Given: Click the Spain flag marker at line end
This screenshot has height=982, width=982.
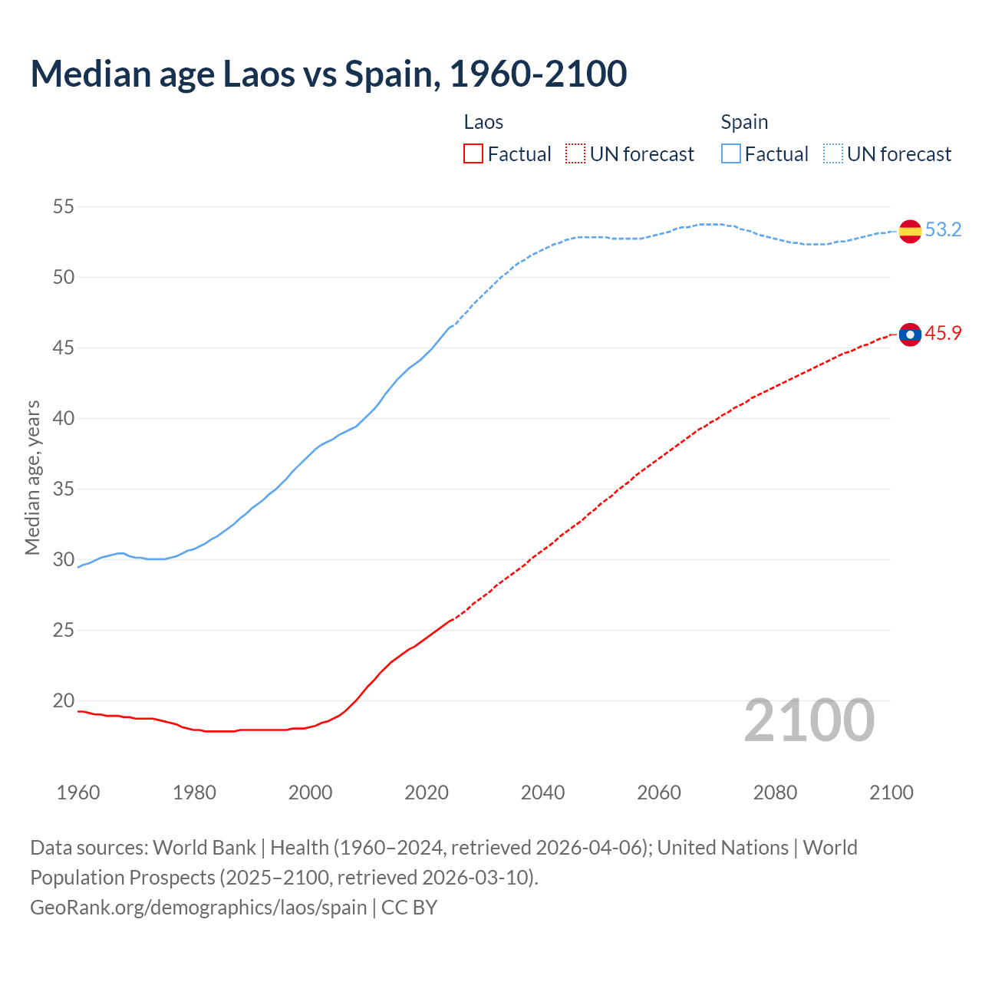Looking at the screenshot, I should coord(910,231).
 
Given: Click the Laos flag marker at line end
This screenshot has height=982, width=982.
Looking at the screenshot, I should coord(910,334).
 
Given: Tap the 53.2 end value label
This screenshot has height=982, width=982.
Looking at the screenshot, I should coord(943,230).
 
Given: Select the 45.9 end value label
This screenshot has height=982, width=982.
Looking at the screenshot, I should coord(943,333).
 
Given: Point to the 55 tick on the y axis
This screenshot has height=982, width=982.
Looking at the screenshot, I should coord(64,206).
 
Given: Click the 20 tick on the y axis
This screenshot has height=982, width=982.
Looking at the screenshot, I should coord(64,700).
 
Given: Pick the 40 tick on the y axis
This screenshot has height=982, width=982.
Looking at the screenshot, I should coord(64,418).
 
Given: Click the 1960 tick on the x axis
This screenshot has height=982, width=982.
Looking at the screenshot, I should coord(78,793).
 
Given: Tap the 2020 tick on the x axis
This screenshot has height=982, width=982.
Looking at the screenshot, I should coord(427,793).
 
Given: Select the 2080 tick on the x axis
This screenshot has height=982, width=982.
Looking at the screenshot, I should coord(775,793).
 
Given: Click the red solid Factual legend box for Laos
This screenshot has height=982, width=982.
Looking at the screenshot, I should coord(473,154).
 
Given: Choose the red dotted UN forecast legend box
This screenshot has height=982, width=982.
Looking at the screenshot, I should coord(575,154).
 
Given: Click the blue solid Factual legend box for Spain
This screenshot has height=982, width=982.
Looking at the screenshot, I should coord(731,154).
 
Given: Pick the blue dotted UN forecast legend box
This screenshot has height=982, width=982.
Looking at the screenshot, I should coord(833,154).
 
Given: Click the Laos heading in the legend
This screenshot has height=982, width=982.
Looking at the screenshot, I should coord(483,122).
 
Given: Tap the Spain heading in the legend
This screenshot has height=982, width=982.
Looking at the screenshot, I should coord(744,122).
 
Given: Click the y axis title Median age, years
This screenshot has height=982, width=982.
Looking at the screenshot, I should coord(32,477).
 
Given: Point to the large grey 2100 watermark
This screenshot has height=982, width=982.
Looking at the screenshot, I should coord(809,720).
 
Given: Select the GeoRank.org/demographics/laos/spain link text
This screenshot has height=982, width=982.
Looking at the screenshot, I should coord(199,908).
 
